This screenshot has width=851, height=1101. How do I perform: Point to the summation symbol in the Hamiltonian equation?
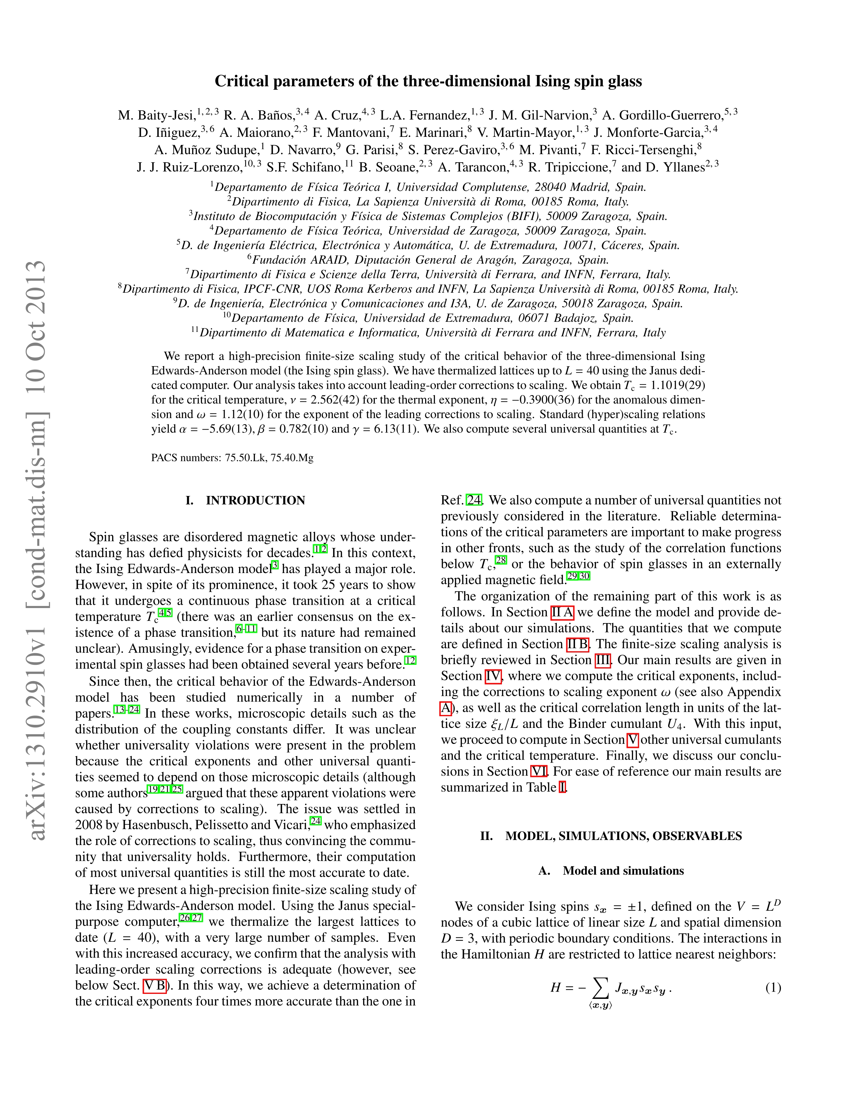(599, 989)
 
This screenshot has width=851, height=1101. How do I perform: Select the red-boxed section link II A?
(562, 612)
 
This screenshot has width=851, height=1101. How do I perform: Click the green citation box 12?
(410, 660)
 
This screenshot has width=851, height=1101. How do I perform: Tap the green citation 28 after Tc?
(501, 560)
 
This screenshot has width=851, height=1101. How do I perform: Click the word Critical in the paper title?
(242, 82)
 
